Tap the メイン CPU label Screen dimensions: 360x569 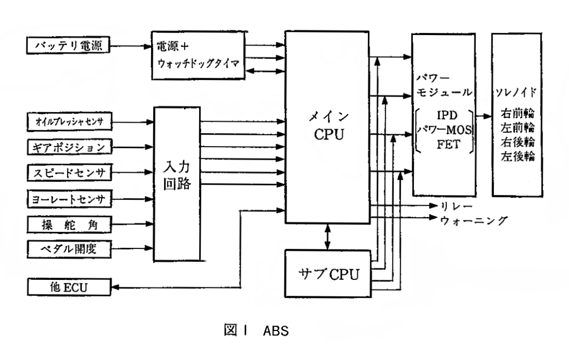coord(328,127)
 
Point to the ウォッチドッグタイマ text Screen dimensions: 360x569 coord(199,64)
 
